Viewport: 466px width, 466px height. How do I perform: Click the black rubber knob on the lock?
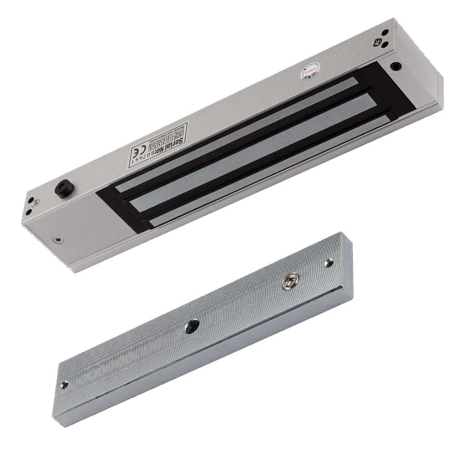tap(61, 189)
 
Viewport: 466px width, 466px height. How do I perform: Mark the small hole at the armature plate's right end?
tap(329, 263)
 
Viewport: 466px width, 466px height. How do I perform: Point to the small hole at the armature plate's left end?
tap(65, 385)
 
